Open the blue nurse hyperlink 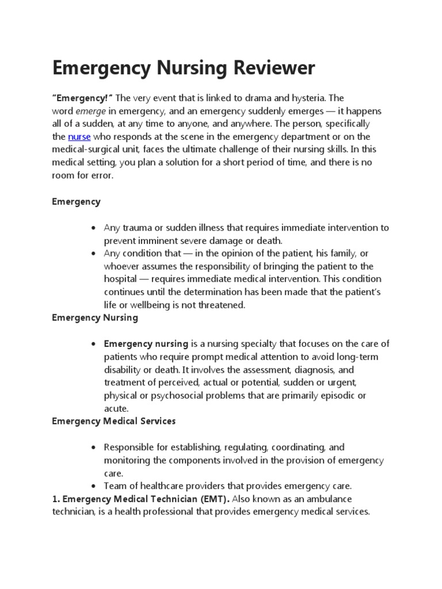[x=79, y=136]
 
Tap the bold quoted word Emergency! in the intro [x=82, y=98]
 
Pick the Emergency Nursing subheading [x=95, y=318]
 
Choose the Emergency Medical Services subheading [x=114, y=421]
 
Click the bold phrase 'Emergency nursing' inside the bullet [x=146, y=344]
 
